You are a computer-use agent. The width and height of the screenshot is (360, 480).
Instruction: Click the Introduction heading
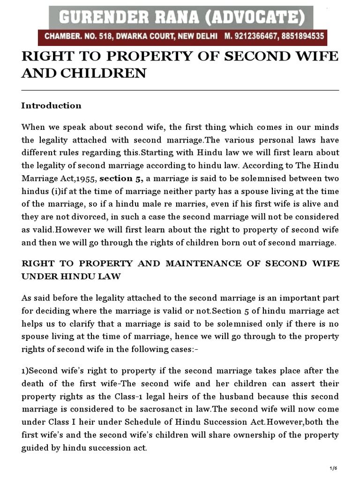point(51,105)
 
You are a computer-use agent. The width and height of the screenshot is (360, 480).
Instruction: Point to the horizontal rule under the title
point(180,90)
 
